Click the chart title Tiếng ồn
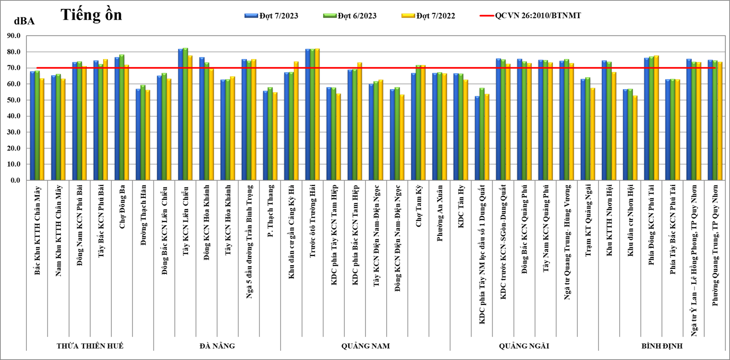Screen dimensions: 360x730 [x=92, y=15]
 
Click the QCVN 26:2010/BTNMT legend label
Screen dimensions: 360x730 [x=538, y=16]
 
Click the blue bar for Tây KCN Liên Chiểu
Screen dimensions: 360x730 [x=180, y=115]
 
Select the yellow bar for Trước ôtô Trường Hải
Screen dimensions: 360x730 [x=317, y=115]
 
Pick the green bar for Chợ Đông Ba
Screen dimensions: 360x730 [x=122, y=118]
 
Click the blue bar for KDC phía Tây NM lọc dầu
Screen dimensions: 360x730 [x=477, y=139]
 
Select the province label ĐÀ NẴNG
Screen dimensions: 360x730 [x=217, y=346]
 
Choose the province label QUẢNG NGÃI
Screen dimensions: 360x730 [x=524, y=346]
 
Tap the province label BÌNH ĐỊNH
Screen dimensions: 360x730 [x=662, y=346]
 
